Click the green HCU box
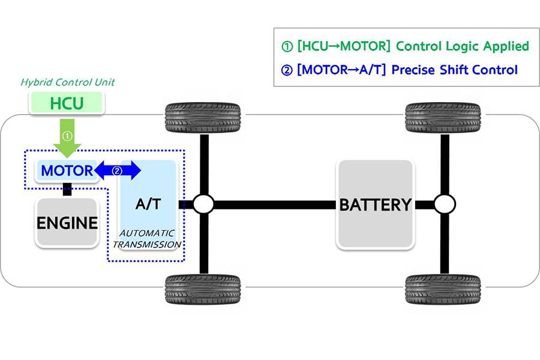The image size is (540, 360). (67, 103)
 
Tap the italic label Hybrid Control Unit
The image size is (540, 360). (67, 82)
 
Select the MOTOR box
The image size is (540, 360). (67, 170)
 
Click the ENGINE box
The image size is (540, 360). (67, 223)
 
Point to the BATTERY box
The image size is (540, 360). (376, 204)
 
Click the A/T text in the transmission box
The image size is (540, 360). (148, 204)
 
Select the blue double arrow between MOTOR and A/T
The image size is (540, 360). (118, 170)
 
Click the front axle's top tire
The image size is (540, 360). (203, 118)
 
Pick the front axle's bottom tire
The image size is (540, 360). (203, 289)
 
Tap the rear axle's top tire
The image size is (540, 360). (443, 118)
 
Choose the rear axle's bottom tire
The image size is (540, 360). (443, 289)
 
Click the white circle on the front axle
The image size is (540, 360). (203, 204)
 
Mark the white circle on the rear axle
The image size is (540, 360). (445, 204)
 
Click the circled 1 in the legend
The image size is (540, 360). (287, 47)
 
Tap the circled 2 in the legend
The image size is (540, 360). (287, 70)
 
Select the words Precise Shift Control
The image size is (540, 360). (455, 70)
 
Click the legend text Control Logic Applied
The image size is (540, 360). (463, 46)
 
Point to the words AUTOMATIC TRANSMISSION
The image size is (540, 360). (147, 239)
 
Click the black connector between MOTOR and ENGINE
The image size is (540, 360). (67, 189)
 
